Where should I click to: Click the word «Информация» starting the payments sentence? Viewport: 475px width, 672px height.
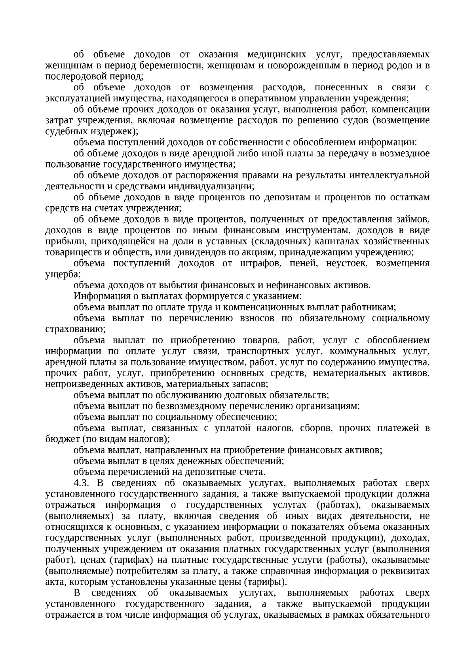click(x=99, y=296)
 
